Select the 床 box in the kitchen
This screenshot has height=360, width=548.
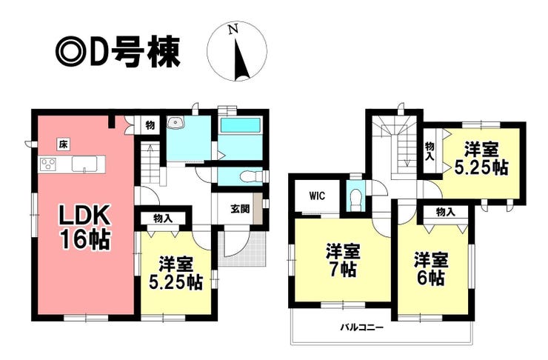coord(63,144)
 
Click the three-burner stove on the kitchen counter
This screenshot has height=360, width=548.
coord(48,164)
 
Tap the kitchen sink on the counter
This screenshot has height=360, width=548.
coord(84,164)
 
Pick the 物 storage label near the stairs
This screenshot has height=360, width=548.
coord(150,124)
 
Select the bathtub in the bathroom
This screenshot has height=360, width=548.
coord(241,125)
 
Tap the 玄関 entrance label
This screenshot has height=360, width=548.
coord(240,209)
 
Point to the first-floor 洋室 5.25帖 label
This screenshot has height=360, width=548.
coord(176,273)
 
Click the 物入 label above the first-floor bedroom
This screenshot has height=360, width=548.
coord(163,219)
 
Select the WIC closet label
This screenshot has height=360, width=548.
coord(317,196)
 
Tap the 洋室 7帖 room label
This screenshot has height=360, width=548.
coord(341,261)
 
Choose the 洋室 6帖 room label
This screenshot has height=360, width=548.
coord(431,270)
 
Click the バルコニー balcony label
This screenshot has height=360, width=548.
coord(361,328)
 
